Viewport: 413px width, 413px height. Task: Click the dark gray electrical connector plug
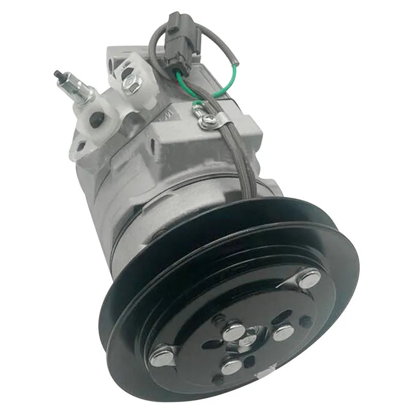pos(181,44)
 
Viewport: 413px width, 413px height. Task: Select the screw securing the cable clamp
pos(208,120)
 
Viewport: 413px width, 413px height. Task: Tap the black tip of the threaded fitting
pos(57,74)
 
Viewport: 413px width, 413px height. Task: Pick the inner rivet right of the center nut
pos(283,332)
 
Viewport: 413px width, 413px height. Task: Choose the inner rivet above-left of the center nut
pos(234,330)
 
